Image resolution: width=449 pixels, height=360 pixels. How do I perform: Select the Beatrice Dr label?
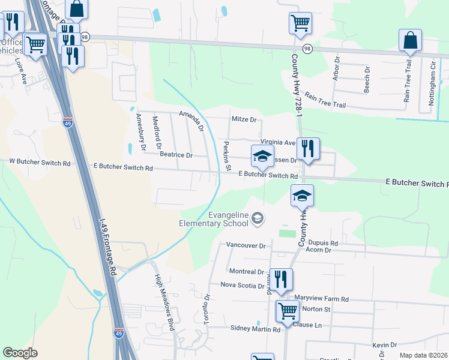[176, 155]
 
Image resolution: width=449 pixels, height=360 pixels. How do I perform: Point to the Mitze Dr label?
[244, 119]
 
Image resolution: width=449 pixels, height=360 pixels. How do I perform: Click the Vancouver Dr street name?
[246, 245]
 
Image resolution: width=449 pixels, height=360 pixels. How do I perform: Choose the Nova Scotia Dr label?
[243, 286]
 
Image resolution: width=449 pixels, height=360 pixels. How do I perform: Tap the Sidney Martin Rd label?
[256, 329]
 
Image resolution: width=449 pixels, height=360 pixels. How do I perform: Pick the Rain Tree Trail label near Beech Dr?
[325, 100]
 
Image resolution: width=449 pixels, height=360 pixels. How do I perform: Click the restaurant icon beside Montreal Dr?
[280, 279]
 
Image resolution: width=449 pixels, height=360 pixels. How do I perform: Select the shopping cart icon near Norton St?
[288, 311]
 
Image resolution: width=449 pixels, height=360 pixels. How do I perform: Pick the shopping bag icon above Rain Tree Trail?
[411, 40]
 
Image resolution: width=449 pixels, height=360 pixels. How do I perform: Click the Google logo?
[20, 353]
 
